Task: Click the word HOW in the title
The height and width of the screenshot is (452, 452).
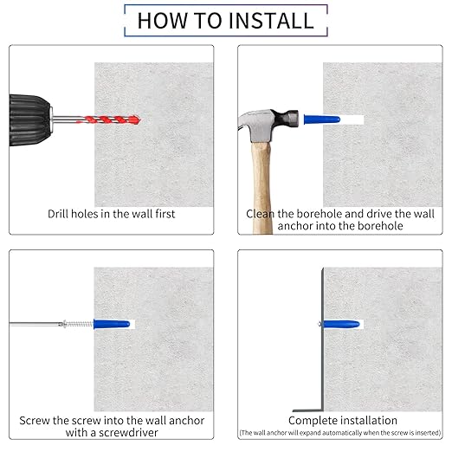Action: point(162,21)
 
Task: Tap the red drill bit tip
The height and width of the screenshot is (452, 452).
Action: point(138,119)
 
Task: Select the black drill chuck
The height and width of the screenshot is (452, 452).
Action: point(29,120)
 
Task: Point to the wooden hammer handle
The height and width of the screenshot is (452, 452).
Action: point(262,188)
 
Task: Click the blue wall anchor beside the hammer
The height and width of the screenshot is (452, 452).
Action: point(322,119)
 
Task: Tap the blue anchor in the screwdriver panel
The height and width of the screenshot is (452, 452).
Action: point(112,324)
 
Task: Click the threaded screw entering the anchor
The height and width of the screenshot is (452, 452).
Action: point(78,324)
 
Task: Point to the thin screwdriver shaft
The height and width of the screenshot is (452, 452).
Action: point(36,325)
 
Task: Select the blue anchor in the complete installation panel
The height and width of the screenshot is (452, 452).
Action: point(341,324)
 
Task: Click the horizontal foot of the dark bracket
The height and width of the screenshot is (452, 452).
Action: point(307,410)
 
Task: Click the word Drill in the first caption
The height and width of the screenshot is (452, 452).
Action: point(58,214)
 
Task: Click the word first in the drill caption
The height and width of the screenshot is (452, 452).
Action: point(165,214)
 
